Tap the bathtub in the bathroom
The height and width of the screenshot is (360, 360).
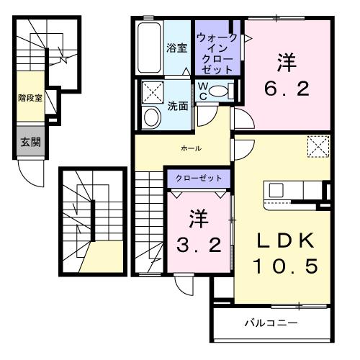[x=149, y=46]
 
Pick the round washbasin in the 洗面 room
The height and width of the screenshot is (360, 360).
[x=152, y=117]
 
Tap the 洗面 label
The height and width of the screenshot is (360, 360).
[x=177, y=104]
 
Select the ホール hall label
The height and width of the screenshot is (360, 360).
[x=190, y=148]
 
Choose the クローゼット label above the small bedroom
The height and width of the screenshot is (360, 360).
[x=199, y=177]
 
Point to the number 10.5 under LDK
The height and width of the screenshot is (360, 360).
[x=284, y=266]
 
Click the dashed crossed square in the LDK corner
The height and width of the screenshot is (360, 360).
[x=317, y=147]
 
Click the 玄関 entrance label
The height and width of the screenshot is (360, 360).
[x=31, y=142]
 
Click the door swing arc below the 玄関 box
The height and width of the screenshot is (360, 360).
[x=27, y=173]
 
